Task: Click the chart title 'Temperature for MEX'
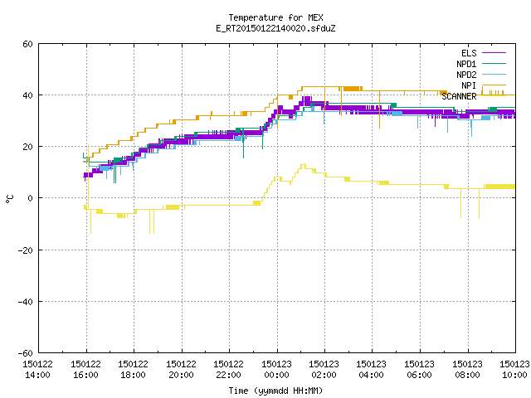pos(275,17)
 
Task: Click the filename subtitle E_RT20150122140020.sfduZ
pos(275,28)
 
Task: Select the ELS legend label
pos(469,53)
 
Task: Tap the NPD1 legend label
pos(466,64)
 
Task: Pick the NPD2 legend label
pos(466,75)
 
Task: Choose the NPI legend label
pos(469,85)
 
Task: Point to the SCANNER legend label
pos(459,96)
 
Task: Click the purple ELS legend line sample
pos(494,53)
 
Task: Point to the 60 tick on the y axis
pos(27,44)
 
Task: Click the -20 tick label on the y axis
pos(26,250)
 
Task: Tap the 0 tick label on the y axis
pos(31,198)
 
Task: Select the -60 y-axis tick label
pos(26,353)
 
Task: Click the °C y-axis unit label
pos(9,199)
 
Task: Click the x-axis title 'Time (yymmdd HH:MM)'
pos(275,391)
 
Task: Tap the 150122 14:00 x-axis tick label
pos(37,370)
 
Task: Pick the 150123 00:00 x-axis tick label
pos(276,370)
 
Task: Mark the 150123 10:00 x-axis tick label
pos(514,370)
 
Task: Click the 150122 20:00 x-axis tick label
pos(181,370)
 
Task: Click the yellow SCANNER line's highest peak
pos(303,165)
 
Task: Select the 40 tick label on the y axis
pos(27,95)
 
